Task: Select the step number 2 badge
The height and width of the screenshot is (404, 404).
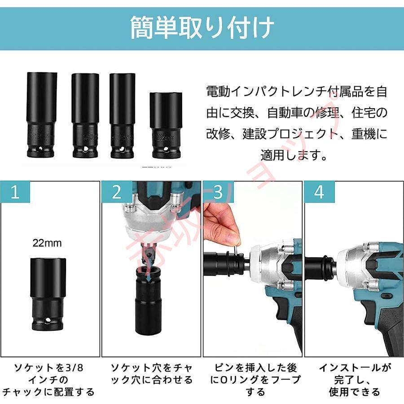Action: coord(117,192)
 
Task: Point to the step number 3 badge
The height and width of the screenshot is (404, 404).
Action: coord(218,192)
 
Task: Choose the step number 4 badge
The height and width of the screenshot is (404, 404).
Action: coord(319,192)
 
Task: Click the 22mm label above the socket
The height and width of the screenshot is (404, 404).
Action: coord(47,243)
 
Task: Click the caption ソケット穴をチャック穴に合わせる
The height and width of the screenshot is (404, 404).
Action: coord(152,373)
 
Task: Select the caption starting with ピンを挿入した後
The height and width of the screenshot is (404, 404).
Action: coord(254,379)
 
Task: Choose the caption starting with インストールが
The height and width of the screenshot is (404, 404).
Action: coord(354,379)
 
